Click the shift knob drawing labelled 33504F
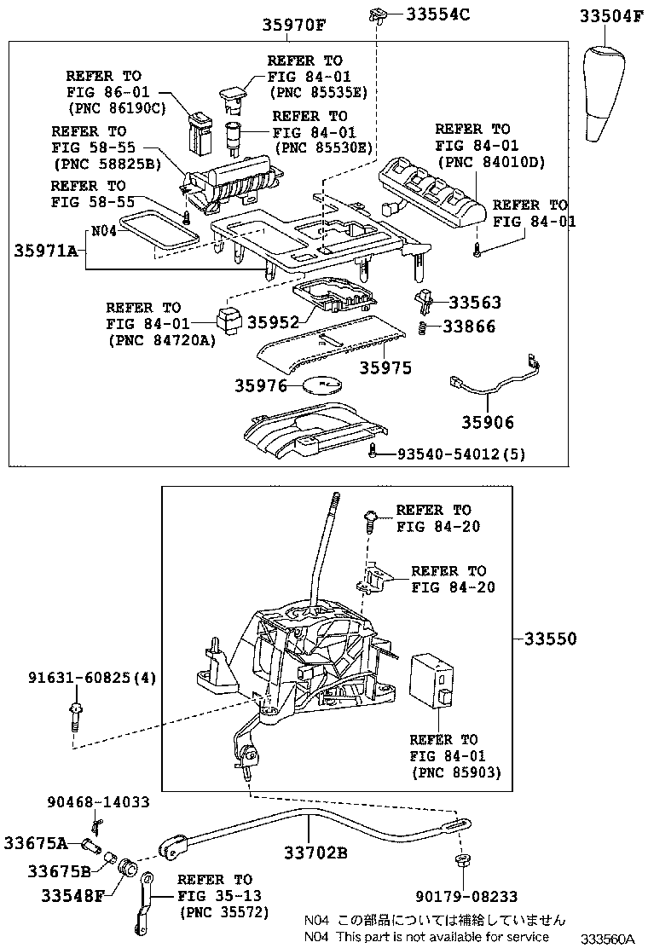[609, 94]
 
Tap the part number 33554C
[438, 14]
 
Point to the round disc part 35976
[323, 385]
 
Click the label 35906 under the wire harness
[488, 422]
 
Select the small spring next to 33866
[423, 327]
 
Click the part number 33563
[474, 303]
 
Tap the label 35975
[385, 368]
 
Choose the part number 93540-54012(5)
[460, 454]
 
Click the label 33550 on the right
[550, 639]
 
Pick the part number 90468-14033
[97, 802]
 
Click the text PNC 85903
[456, 772]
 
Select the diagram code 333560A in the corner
[608, 939]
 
